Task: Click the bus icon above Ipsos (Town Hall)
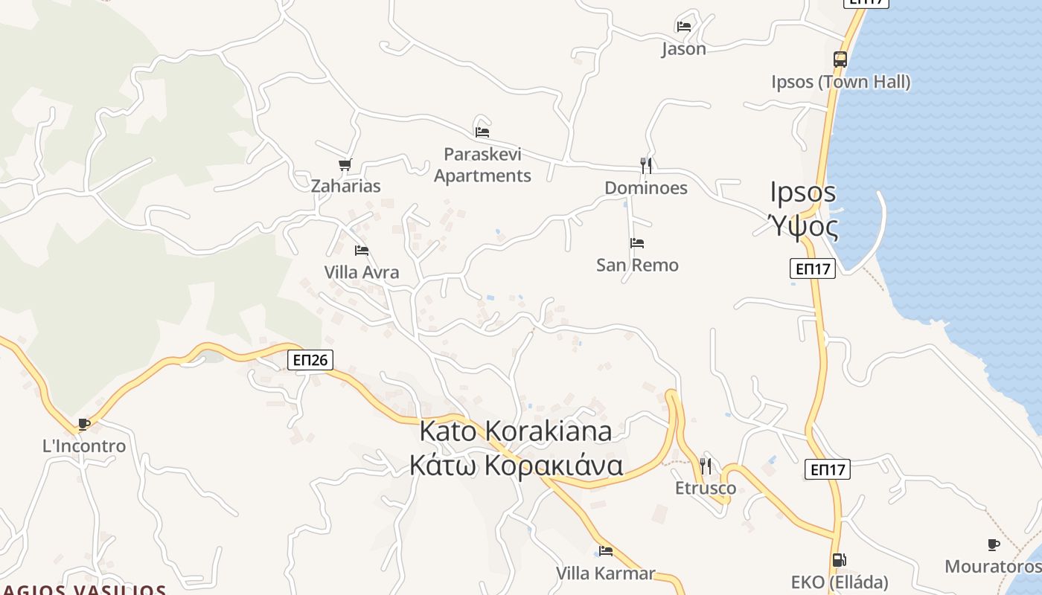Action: (840, 59)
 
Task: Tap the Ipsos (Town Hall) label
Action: (840, 81)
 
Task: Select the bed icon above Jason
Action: (684, 26)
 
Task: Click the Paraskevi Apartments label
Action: (482, 165)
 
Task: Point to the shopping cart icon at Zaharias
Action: (345, 164)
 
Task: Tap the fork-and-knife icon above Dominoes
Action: (646, 165)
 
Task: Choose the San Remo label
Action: (637, 265)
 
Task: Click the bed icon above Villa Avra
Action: (362, 251)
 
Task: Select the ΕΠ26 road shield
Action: (310, 360)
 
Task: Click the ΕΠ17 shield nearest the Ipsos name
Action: (812, 268)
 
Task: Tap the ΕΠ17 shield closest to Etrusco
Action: (827, 469)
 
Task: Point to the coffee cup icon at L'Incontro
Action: (84, 425)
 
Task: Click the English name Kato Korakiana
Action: (516, 431)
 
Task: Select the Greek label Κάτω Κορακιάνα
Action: (516, 465)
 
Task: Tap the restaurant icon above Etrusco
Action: (706, 466)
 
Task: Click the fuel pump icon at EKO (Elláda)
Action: (839, 560)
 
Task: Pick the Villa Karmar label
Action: (605, 573)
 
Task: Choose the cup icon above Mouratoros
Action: (993, 545)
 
